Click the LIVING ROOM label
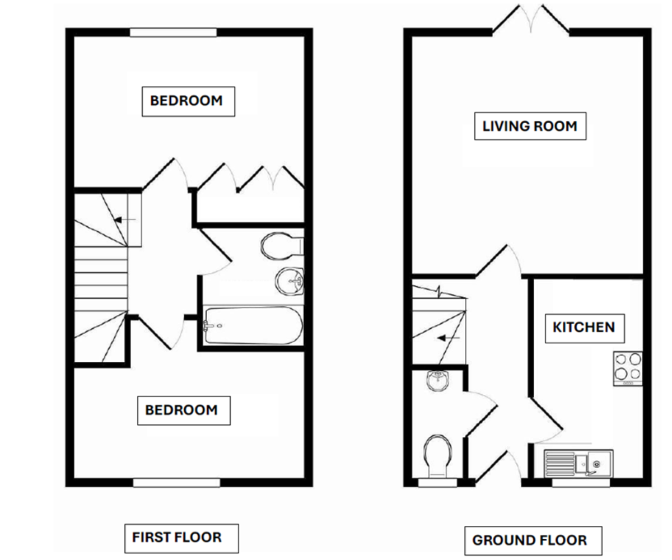[529, 126]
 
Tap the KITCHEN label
[584, 328]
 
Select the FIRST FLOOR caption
[177, 538]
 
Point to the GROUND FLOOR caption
[529, 540]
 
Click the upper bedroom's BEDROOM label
[186, 101]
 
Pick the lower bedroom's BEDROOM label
[181, 410]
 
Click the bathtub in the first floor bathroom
[254, 325]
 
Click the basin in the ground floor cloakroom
[437, 381]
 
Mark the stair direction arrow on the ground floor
[449, 338]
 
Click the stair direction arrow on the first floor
[125, 220]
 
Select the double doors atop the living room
[531, 21]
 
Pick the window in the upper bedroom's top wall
[173, 32]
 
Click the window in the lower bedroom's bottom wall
[176, 483]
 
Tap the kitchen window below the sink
[581, 483]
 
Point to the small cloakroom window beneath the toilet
[438, 483]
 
